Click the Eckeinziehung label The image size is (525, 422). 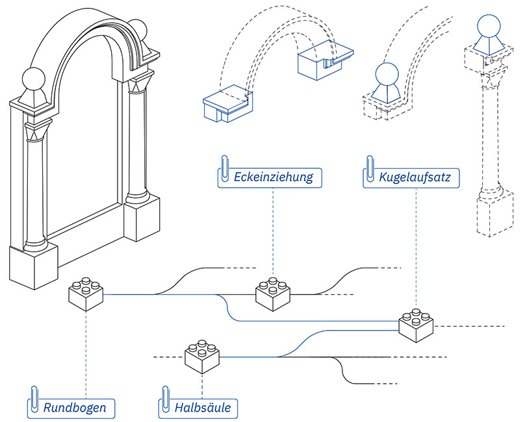(x=273, y=177)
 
